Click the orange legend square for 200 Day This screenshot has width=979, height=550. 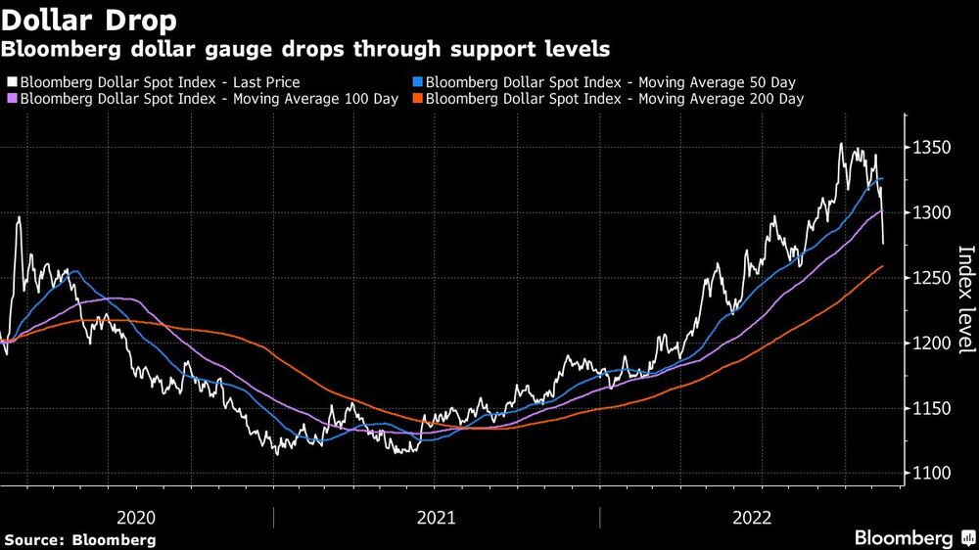click(418, 99)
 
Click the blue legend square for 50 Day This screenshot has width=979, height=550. click(418, 82)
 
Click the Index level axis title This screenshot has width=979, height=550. click(964, 298)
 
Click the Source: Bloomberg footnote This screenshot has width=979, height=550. click(80, 539)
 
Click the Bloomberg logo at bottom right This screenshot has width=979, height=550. click(910, 538)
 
